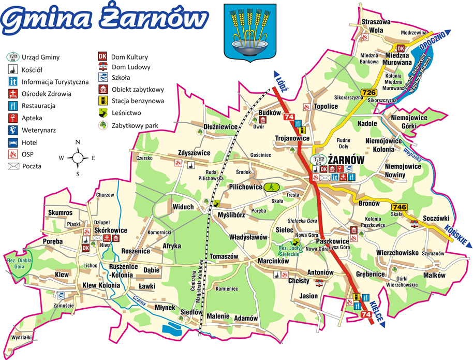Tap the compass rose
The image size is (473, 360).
pyautogui.click(x=77, y=157)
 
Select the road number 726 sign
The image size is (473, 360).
pyautogui.click(x=369, y=93)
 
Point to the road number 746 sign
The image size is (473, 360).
pyautogui.click(x=400, y=207)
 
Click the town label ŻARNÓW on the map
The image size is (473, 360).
pyautogui.click(x=346, y=161)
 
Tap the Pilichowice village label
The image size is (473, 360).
pyautogui.click(x=245, y=188)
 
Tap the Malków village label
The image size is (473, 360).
pyautogui.click(x=434, y=275)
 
